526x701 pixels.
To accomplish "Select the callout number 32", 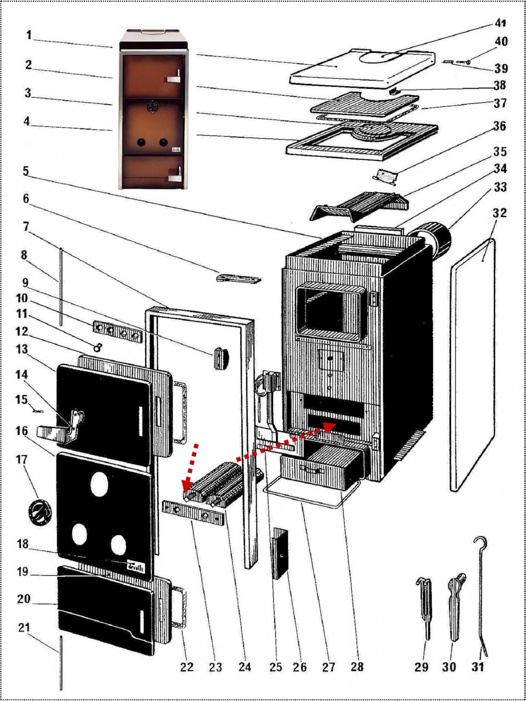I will (x=499, y=213).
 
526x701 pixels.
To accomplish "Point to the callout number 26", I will (x=300, y=667).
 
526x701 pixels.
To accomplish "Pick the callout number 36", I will (x=500, y=126).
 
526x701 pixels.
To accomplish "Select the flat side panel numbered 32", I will (x=473, y=365).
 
